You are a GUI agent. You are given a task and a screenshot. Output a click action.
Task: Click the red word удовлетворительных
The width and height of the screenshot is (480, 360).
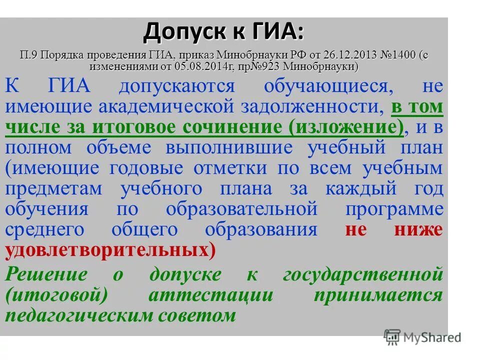[105, 250]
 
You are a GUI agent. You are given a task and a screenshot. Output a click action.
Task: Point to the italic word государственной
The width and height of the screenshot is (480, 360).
[363, 275]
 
